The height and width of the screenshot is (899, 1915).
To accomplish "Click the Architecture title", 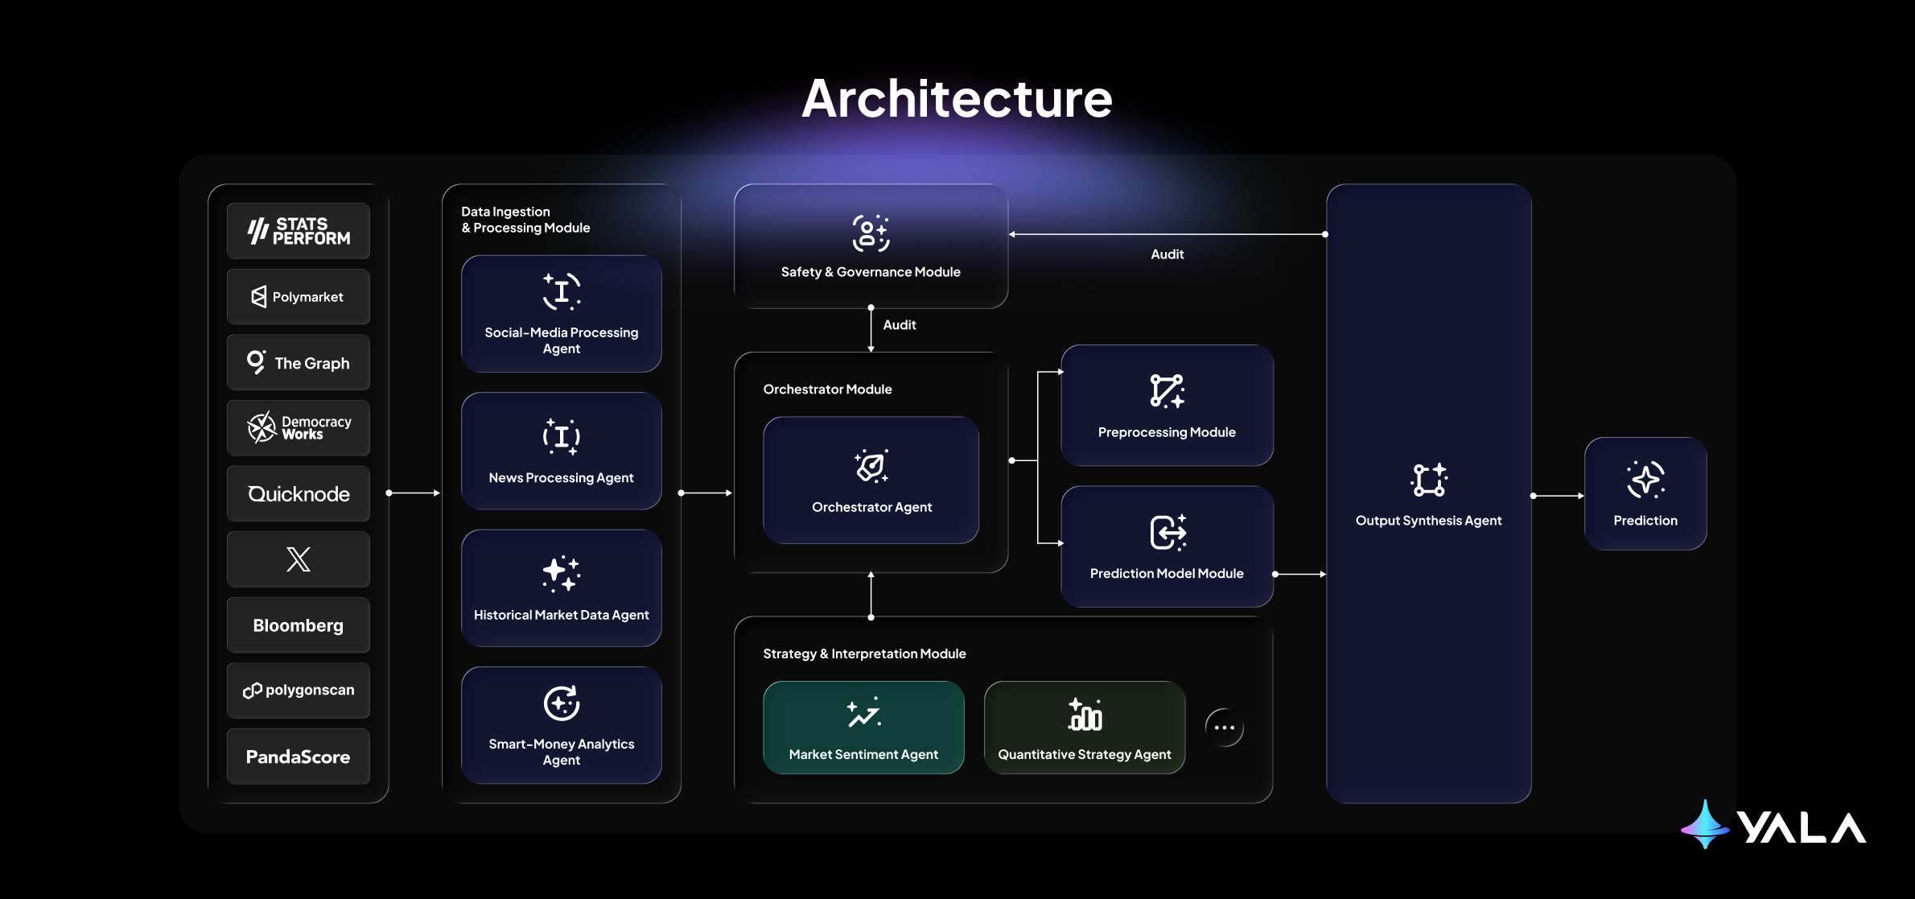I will coord(957,99).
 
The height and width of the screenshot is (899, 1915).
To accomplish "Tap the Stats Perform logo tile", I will coord(299,231).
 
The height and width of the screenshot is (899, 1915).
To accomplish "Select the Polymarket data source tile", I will coord(299,297).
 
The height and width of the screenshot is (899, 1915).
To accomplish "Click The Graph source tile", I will coord(299,363).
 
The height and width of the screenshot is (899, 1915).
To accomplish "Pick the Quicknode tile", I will coord(299,494).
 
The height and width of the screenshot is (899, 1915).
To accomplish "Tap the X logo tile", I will coord(299,559).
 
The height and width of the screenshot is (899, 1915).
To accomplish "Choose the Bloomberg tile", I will coord(299,625).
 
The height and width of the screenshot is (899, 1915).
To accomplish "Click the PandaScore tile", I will coord(299,757).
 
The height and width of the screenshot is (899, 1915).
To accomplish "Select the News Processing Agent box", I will coord(562,451).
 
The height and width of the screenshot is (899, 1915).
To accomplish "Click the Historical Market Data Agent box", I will coord(562,588).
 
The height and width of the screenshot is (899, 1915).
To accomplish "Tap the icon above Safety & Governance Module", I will coord(871,233).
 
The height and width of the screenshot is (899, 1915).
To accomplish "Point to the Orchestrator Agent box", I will coord(871,480).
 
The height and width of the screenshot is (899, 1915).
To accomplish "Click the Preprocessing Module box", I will coord(1167,406).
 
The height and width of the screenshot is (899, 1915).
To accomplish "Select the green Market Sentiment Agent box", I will coord(863,728).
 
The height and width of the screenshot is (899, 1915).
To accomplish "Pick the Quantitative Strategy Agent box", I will coord(1085,728).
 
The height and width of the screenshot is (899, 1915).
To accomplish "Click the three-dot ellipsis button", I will coord(1225,728).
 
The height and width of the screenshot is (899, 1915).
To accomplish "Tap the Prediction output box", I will coord(1645,494).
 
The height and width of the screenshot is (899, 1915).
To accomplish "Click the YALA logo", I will coord(1773,826).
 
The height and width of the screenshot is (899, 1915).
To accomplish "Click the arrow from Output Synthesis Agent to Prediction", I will coord(1558,496).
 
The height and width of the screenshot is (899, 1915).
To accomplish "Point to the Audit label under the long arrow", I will coord(1167,254).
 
